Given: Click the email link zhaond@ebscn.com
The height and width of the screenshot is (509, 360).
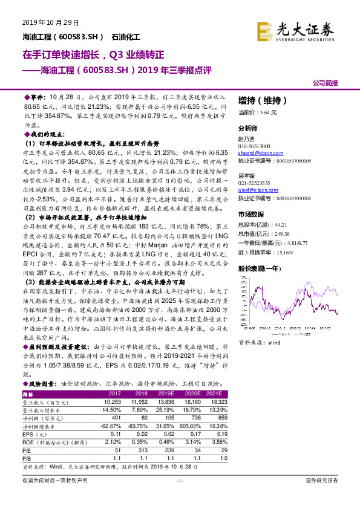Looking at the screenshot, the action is point(252,154).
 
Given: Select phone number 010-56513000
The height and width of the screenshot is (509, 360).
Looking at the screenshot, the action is point(254,146).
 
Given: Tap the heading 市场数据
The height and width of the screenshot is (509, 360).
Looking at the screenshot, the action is point(250,214).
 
